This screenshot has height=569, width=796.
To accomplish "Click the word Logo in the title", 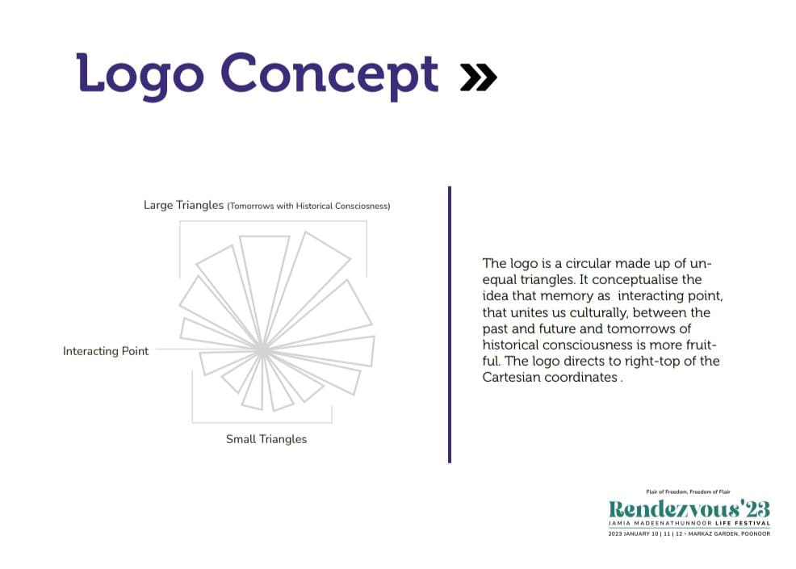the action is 140,75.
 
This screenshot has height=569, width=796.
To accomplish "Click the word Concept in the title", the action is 329,75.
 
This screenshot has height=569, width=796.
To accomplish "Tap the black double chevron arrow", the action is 478,77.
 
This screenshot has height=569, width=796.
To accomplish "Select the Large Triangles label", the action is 183,205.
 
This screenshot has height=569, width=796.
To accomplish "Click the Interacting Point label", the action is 106,351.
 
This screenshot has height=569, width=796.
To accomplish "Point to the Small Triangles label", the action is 266,439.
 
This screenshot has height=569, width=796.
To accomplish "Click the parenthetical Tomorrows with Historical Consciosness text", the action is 308,206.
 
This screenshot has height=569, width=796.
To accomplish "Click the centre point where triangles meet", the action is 262,349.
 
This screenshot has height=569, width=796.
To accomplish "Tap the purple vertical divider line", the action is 450,324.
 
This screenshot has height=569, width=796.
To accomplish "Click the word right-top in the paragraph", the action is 652,362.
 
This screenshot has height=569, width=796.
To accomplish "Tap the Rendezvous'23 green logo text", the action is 689,508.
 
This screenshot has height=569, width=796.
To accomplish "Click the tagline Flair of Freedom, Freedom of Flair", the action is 688,492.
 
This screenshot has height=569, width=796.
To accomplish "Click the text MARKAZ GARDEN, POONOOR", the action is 729,534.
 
